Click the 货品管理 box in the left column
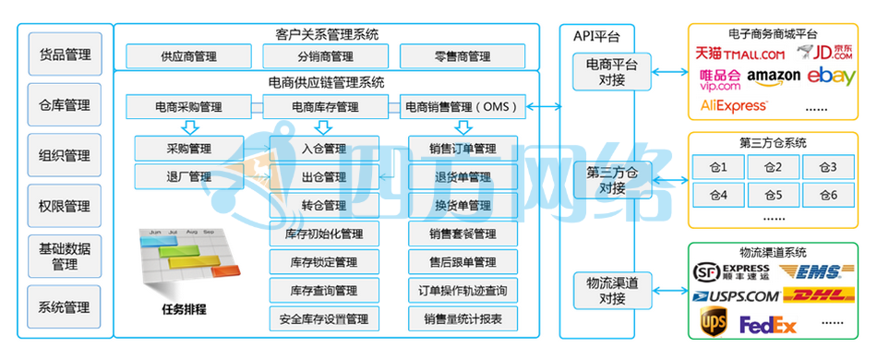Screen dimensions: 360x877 (65, 54)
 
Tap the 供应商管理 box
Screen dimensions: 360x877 (188, 56)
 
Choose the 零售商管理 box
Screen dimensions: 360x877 (462, 56)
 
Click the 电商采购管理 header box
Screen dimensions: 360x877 (188, 107)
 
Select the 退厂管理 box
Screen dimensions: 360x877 (188, 176)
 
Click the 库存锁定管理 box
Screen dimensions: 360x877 (323, 262)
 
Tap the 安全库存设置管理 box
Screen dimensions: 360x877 (323, 319)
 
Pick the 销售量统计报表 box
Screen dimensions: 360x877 (463, 319)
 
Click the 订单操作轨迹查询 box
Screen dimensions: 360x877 (463, 291)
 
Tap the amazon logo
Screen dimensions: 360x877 (774, 76)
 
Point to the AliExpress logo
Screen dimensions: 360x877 (735, 106)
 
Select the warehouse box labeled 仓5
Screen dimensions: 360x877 (774, 196)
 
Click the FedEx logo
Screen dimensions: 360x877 (767, 325)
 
